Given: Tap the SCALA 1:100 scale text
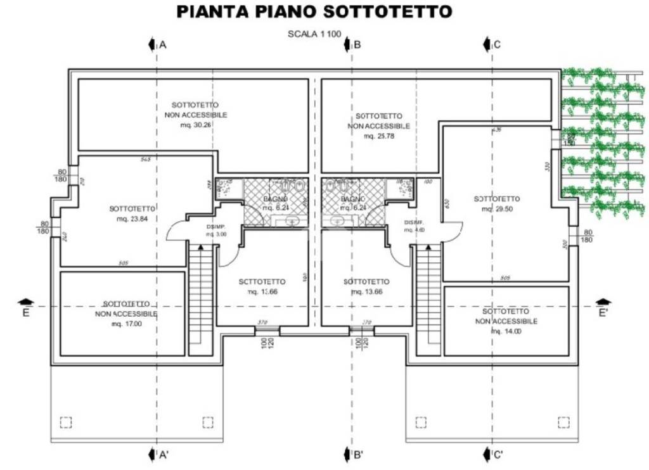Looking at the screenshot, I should pyautogui.click(x=314, y=34).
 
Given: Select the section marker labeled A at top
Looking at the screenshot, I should pyautogui.click(x=157, y=44).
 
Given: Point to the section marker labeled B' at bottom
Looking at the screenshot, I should pyautogui.click(x=353, y=454).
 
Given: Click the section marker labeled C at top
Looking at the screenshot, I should pyautogui.click(x=492, y=44).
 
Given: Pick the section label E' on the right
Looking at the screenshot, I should pyautogui.click(x=603, y=312).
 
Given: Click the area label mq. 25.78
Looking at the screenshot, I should pyautogui.click(x=379, y=136).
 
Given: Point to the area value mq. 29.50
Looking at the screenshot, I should pyautogui.click(x=496, y=209).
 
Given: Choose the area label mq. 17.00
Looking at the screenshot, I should pyautogui.click(x=127, y=324).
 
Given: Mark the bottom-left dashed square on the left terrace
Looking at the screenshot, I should pyautogui.click(x=66, y=422).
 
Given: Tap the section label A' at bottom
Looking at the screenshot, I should pyautogui.click(x=158, y=454).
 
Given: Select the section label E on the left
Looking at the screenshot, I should pyautogui.click(x=25, y=312).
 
